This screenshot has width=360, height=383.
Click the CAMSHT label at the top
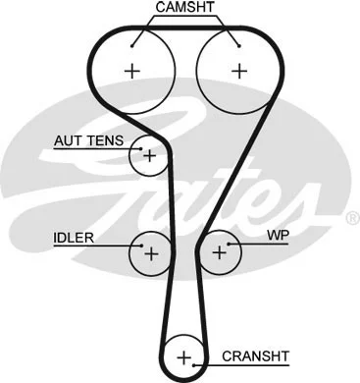[184, 8]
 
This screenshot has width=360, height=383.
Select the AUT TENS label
[89, 140]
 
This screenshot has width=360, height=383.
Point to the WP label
[278, 237]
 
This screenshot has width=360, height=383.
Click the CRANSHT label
[257, 356]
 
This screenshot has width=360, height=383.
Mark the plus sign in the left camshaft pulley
[132, 70]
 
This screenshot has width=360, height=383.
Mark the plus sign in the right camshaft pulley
[237, 70]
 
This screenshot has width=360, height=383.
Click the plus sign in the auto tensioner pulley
[149, 155]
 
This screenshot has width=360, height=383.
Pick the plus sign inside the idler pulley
[150, 253]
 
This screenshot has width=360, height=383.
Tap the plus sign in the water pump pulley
[219, 253]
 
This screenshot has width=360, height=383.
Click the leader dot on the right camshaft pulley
[237, 41]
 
